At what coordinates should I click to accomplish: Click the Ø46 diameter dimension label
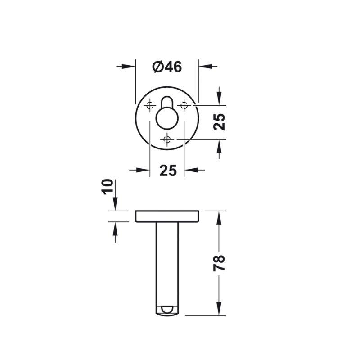167,67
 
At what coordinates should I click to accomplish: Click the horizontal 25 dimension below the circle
168,171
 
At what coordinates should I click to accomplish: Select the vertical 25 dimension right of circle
219,122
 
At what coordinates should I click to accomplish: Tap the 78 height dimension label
219,263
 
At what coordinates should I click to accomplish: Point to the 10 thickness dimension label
108,187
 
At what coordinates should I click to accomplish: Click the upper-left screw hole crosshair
150,106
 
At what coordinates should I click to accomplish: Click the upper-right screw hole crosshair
184,106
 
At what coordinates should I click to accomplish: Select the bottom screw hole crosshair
167,139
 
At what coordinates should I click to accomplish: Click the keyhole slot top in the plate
167,102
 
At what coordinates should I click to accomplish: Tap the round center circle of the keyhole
167,118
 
